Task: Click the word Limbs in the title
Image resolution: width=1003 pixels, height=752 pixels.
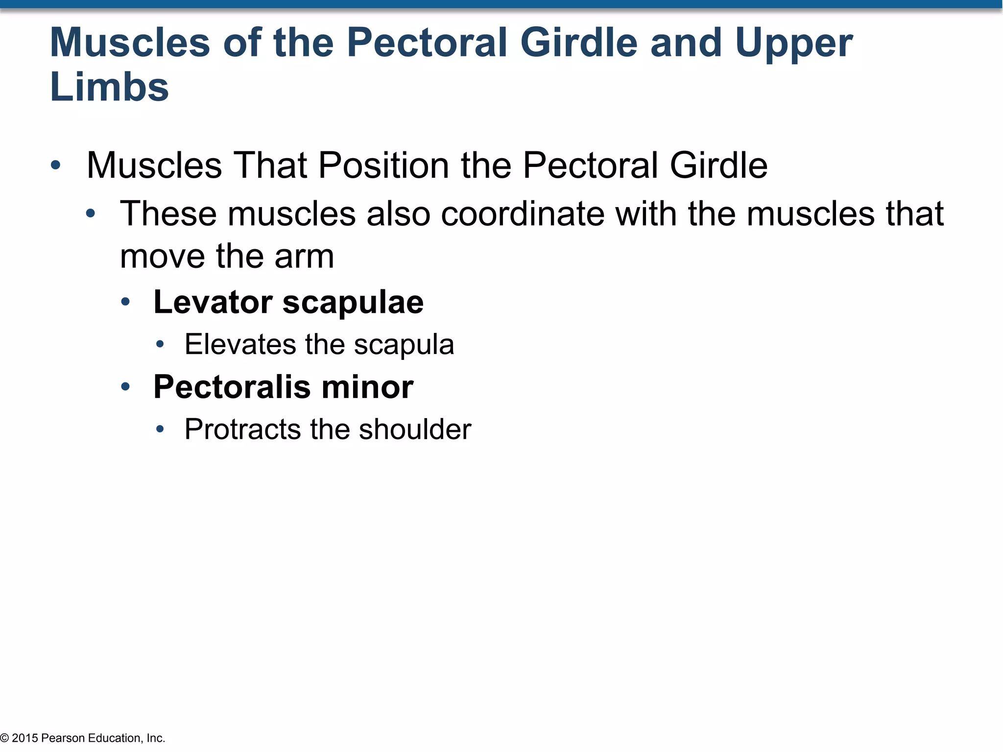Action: click(109, 87)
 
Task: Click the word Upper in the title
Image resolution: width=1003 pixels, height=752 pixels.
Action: click(793, 43)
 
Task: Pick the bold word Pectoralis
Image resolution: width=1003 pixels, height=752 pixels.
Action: click(232, 387)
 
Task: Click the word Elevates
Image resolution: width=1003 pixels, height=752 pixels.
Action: click(240, 344)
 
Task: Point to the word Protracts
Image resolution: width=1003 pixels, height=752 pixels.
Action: click(242, 429)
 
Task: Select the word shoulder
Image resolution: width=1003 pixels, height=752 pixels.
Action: click(415, 429)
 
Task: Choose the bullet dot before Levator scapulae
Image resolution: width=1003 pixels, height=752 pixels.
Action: click(125, 302)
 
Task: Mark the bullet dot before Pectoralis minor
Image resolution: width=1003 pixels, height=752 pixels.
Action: click(125, 387)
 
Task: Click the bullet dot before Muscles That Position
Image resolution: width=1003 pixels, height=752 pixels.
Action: click(55, 165)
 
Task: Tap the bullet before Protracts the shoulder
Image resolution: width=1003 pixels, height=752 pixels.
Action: click(160, 430)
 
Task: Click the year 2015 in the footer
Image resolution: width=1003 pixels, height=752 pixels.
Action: click(25, 738)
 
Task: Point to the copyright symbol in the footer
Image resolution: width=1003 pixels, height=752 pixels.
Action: click(4, 738)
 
